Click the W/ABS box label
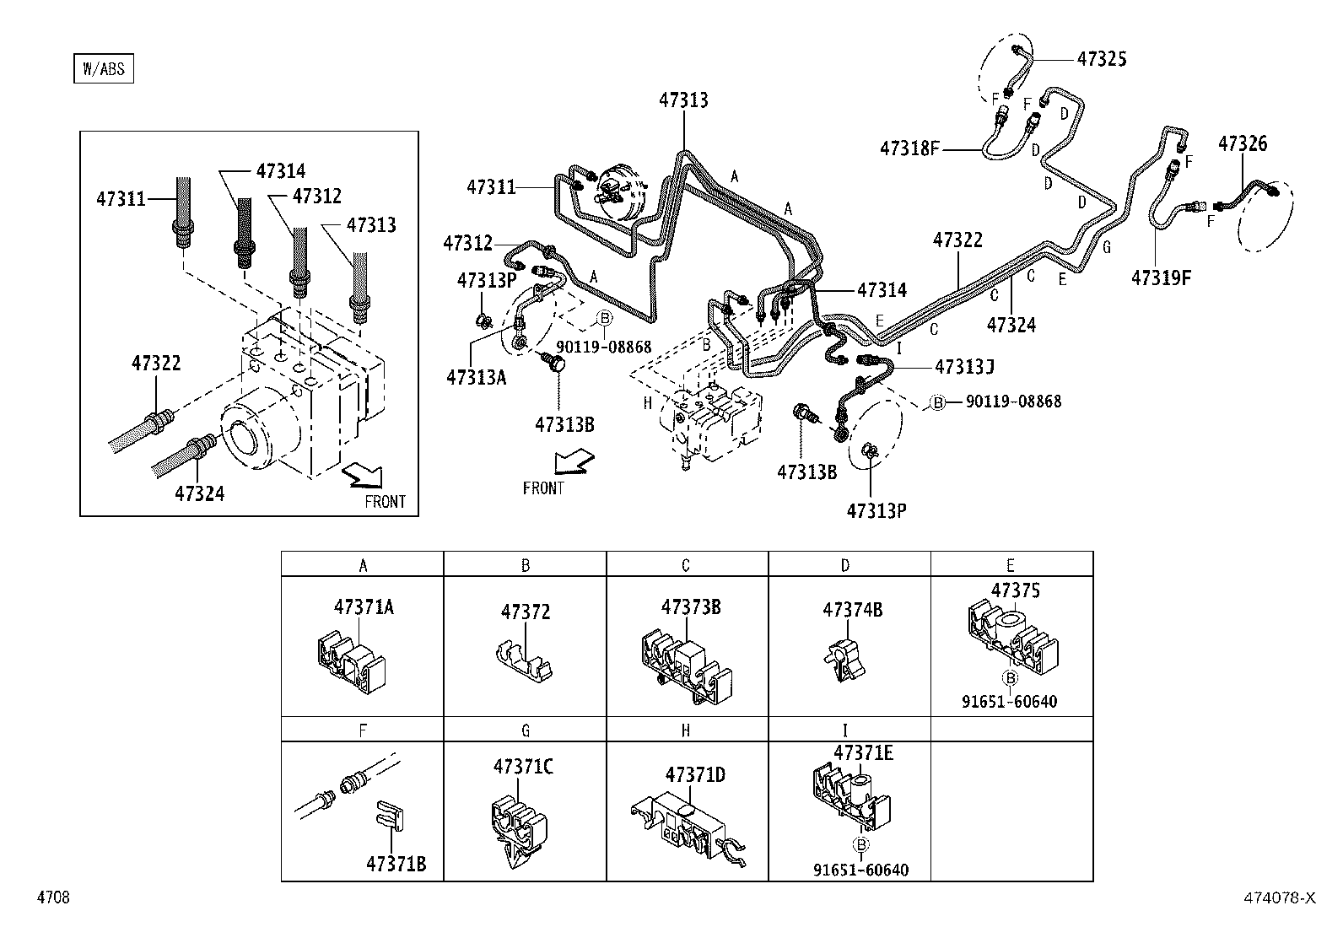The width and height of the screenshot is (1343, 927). tap(103, 69)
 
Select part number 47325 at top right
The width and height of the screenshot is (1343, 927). tap(1101, 59)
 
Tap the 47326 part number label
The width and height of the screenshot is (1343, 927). tap(1242, 144)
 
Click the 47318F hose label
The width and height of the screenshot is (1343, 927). tap(909, 149)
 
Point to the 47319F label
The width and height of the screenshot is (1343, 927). tap(1161, 278)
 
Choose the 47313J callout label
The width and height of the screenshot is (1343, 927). tap(964, 367)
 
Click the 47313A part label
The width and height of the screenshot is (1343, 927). tap(476, 377)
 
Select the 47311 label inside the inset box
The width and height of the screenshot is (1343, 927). tap(121, 200)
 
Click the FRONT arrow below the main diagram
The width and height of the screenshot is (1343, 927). tap(573, 463)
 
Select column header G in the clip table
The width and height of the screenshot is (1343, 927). tap(525, 731)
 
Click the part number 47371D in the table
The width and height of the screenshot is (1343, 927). tap(695, 774)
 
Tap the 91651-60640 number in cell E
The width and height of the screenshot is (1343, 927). tap(1009, 702)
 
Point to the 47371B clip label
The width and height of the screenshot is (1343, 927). tap(396, 865)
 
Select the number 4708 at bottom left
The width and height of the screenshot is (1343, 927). tap(52, 898)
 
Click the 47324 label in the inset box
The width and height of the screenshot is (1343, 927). tap(200, 493)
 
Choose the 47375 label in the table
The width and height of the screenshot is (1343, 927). tap(1016, 590)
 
